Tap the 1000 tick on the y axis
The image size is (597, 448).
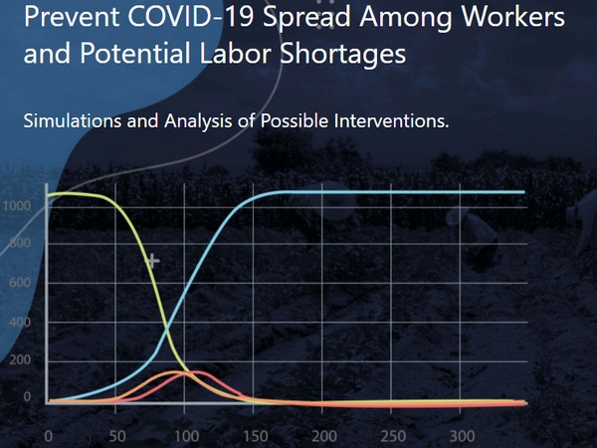click(16, 205)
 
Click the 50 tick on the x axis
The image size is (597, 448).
click(116, 436)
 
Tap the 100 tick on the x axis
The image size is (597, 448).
click(184, 436)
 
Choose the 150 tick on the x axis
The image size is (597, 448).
click(253, 436)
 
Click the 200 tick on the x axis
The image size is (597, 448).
click(322, 436)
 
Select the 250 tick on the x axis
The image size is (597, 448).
click(391, 436)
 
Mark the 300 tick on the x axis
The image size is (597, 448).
click(460, 436)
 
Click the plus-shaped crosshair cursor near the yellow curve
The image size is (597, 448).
click(152, 262)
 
